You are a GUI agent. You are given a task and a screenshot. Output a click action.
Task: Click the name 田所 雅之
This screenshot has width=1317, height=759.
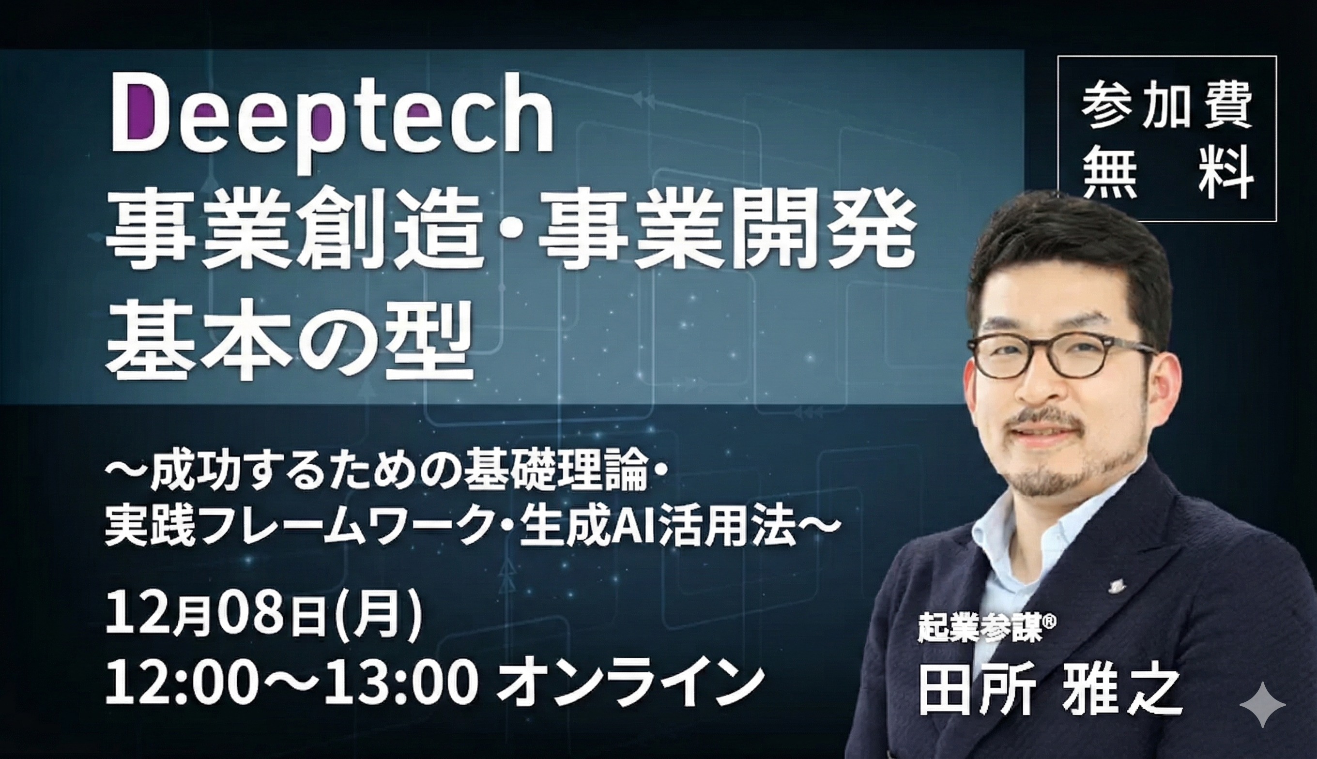tap(1049, 691)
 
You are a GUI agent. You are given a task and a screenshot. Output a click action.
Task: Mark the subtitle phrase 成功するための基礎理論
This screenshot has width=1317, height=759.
tap(399, 477)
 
